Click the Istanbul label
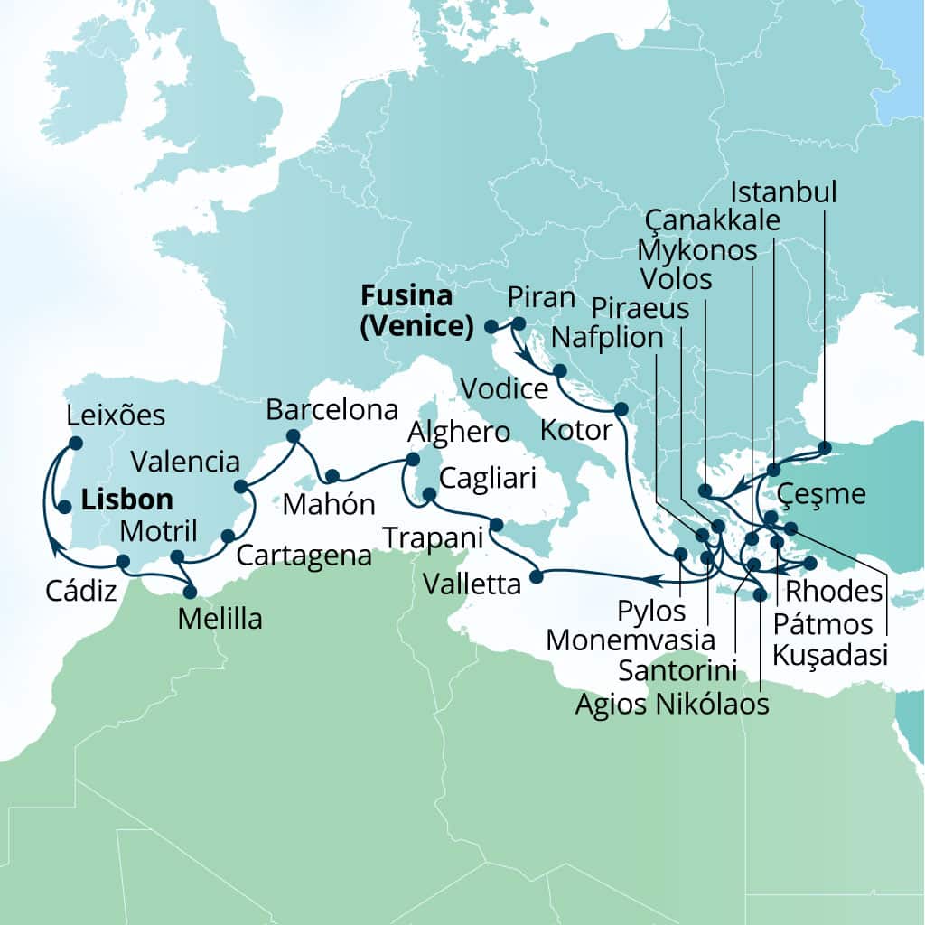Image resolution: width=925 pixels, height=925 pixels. [x=784, y=192]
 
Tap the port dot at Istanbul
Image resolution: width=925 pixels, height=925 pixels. [x=824, y=446]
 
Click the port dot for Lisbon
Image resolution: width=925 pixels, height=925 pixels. [x=65, y=508]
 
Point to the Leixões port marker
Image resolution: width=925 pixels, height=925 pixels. [x=76, y=443]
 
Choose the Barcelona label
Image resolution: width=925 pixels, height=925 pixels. [x=332, y=410]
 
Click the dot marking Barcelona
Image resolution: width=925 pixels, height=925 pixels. [x=293, y=435]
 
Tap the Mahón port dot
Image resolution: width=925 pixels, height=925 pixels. [x=332, y=476]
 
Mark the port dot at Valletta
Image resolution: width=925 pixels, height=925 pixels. [x=536, y=576]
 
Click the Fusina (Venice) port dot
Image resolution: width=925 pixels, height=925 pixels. [x=491, y=326]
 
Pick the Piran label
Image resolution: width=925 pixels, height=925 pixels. [x=541, y=297]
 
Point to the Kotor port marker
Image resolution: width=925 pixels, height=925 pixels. [x=621, y=409]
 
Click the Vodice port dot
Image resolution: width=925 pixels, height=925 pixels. [x=559, y=370]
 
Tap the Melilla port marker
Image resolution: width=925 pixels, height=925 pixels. [x=190, y=593]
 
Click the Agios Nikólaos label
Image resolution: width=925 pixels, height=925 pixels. [x=672, y=703]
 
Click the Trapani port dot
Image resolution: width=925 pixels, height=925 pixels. [x=496, y=524]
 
